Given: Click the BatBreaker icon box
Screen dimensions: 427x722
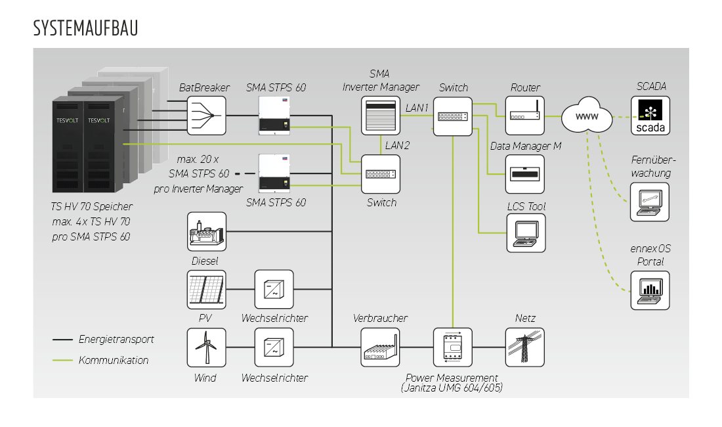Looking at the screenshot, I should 207,116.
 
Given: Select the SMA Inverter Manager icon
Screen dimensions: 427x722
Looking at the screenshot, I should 381,116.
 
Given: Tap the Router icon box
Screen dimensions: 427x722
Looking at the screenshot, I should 524,116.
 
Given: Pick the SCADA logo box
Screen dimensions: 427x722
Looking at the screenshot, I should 650,116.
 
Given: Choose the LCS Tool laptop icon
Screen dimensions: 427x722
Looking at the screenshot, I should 524,233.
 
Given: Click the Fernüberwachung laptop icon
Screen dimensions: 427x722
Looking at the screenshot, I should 650,202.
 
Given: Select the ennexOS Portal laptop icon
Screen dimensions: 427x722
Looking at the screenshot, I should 650,290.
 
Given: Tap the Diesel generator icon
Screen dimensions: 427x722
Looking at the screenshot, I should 207,231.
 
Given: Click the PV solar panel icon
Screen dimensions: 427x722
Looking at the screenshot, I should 207,289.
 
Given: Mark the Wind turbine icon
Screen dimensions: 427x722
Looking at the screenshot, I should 207,348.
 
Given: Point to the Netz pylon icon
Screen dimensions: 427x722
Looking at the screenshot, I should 524,348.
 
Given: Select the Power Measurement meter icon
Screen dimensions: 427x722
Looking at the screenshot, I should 453,348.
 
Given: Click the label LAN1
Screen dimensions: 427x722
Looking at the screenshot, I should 417,107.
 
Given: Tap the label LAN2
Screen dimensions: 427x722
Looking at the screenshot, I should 397,145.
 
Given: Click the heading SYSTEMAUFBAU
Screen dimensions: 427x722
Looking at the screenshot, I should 85,29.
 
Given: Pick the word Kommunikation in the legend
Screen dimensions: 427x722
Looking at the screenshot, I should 114,360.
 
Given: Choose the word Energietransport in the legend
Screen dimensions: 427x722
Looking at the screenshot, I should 116,340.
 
